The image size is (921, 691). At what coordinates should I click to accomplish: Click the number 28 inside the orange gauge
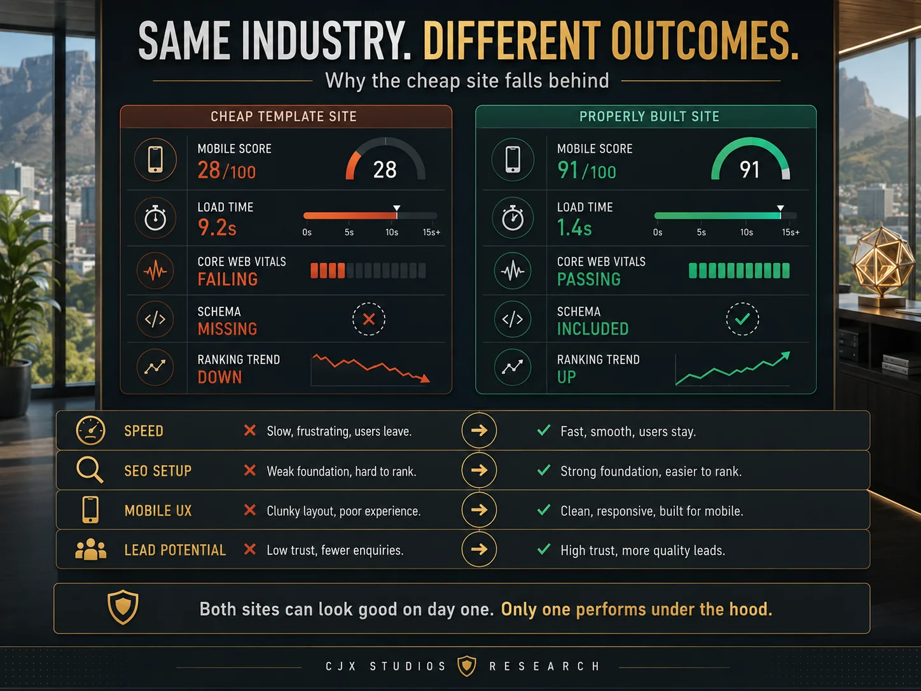385,169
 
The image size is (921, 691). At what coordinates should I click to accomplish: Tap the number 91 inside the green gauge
749,169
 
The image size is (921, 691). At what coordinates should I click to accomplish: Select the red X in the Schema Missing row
369,319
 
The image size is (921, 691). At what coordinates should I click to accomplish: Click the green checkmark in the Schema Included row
742,319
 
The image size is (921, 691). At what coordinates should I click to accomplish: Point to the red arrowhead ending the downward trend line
426,379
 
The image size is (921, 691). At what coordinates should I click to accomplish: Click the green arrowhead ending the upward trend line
786,356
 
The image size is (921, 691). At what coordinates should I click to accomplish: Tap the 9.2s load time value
217,227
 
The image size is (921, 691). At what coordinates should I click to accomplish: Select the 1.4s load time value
574,227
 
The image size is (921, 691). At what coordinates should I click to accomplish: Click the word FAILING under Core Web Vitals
228,279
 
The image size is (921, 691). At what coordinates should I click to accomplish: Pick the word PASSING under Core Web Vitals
589,279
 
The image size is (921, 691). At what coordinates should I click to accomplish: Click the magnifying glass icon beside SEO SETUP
90,470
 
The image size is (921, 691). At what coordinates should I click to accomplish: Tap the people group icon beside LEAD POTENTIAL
90,549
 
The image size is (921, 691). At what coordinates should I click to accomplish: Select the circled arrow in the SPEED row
479,430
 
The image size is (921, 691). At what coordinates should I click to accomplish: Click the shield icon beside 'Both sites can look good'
123,606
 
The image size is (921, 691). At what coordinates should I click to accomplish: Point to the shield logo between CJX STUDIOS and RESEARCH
467,666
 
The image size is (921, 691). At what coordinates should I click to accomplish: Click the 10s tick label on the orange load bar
392,232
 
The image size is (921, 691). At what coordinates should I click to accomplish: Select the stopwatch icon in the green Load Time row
513,218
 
